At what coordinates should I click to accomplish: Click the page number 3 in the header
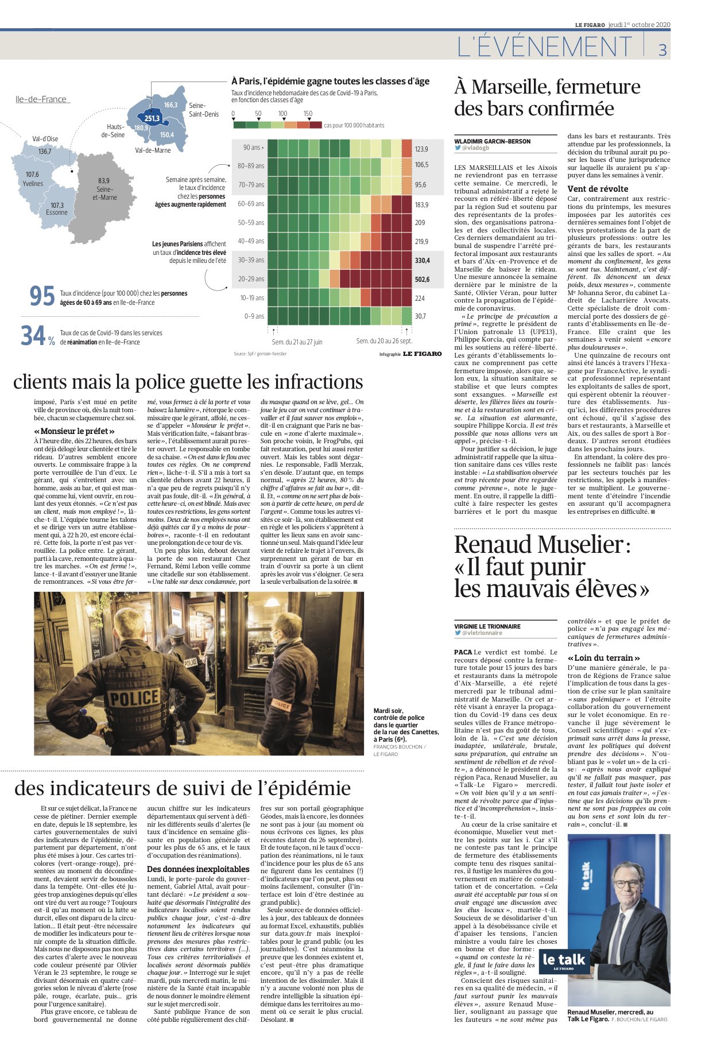(662, 50)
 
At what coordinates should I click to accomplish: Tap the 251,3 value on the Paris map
(152, 118)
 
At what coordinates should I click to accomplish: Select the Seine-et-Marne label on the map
(104, 189)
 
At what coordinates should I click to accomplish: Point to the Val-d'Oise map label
(45, 138)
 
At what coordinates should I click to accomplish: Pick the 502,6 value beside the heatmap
(422, 280)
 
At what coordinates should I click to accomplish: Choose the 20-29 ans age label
(251, 279)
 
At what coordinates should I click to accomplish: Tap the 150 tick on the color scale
(308, 114)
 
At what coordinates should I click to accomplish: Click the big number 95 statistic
(42, 296)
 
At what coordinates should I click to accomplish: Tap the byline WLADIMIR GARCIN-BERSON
(492, 141)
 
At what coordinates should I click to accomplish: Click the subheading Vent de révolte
(598, 189)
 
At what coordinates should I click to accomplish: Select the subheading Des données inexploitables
(198, 869)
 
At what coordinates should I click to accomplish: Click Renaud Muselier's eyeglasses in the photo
(626, 885)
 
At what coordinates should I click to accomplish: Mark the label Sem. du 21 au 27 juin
(297, 342)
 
